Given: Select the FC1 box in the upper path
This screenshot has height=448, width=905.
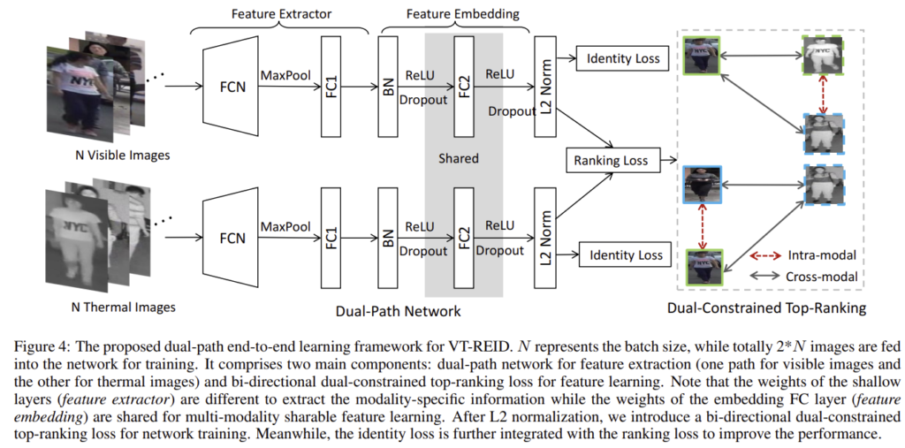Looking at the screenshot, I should (x=330, y=87).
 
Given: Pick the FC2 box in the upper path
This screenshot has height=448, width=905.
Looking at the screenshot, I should (x=463, y=87).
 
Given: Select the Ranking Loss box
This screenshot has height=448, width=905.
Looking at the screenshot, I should (x=611, y=161).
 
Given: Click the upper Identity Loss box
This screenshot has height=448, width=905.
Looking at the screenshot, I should (x=623, y=59).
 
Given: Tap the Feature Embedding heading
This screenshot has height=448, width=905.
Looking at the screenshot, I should (x=463, y=15).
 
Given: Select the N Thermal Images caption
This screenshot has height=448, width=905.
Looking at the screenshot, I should (x=123, y=308).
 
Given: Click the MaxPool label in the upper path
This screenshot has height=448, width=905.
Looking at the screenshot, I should (x=285, y=77).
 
